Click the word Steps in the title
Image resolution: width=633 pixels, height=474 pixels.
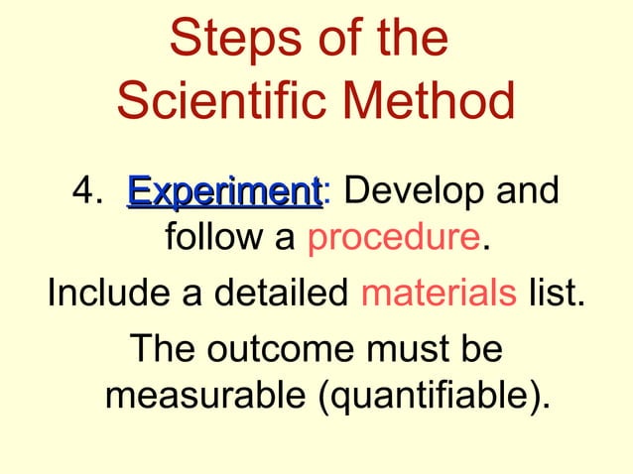pyautogui.click(x=224, y=40)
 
